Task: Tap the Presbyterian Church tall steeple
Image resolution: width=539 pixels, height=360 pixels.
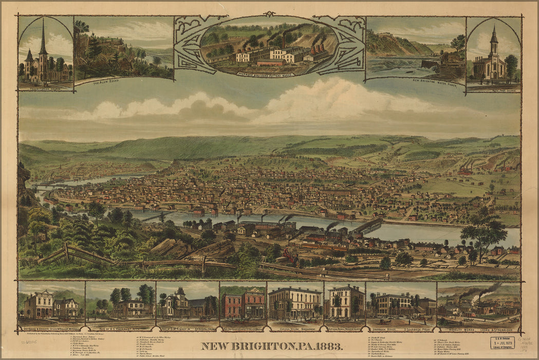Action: tap(43, 39)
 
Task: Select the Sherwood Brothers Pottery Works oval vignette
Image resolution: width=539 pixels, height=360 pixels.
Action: tap(269, 46)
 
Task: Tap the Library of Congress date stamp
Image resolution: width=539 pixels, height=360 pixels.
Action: tap(502, 343)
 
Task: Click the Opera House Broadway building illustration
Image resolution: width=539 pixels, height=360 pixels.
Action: tap(295, 303)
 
